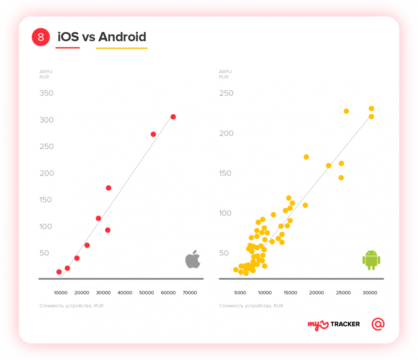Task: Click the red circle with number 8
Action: click(40, 37)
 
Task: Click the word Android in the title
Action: click(122, 37)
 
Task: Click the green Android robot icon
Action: click(371, 260)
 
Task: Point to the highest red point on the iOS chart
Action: click(173, 117)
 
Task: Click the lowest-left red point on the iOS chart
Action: click(59, 272)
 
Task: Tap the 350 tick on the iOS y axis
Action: click(46, 93)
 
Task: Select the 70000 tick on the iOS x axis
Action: click(190, 292)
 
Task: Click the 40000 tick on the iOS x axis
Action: click(125, 292)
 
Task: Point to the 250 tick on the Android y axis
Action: click(226, 93)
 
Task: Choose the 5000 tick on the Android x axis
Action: click(240, 292)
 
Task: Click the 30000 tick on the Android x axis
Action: click(370, 292)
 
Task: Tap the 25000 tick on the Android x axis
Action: click(343, 292)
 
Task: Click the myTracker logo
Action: click(334, 324)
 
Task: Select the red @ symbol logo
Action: click(378, 324)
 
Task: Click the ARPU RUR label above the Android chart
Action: click(225, 74)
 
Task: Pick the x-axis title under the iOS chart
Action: click(72, 306)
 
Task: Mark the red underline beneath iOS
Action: click(68, 48)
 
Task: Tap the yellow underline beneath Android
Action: click(121, 48)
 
